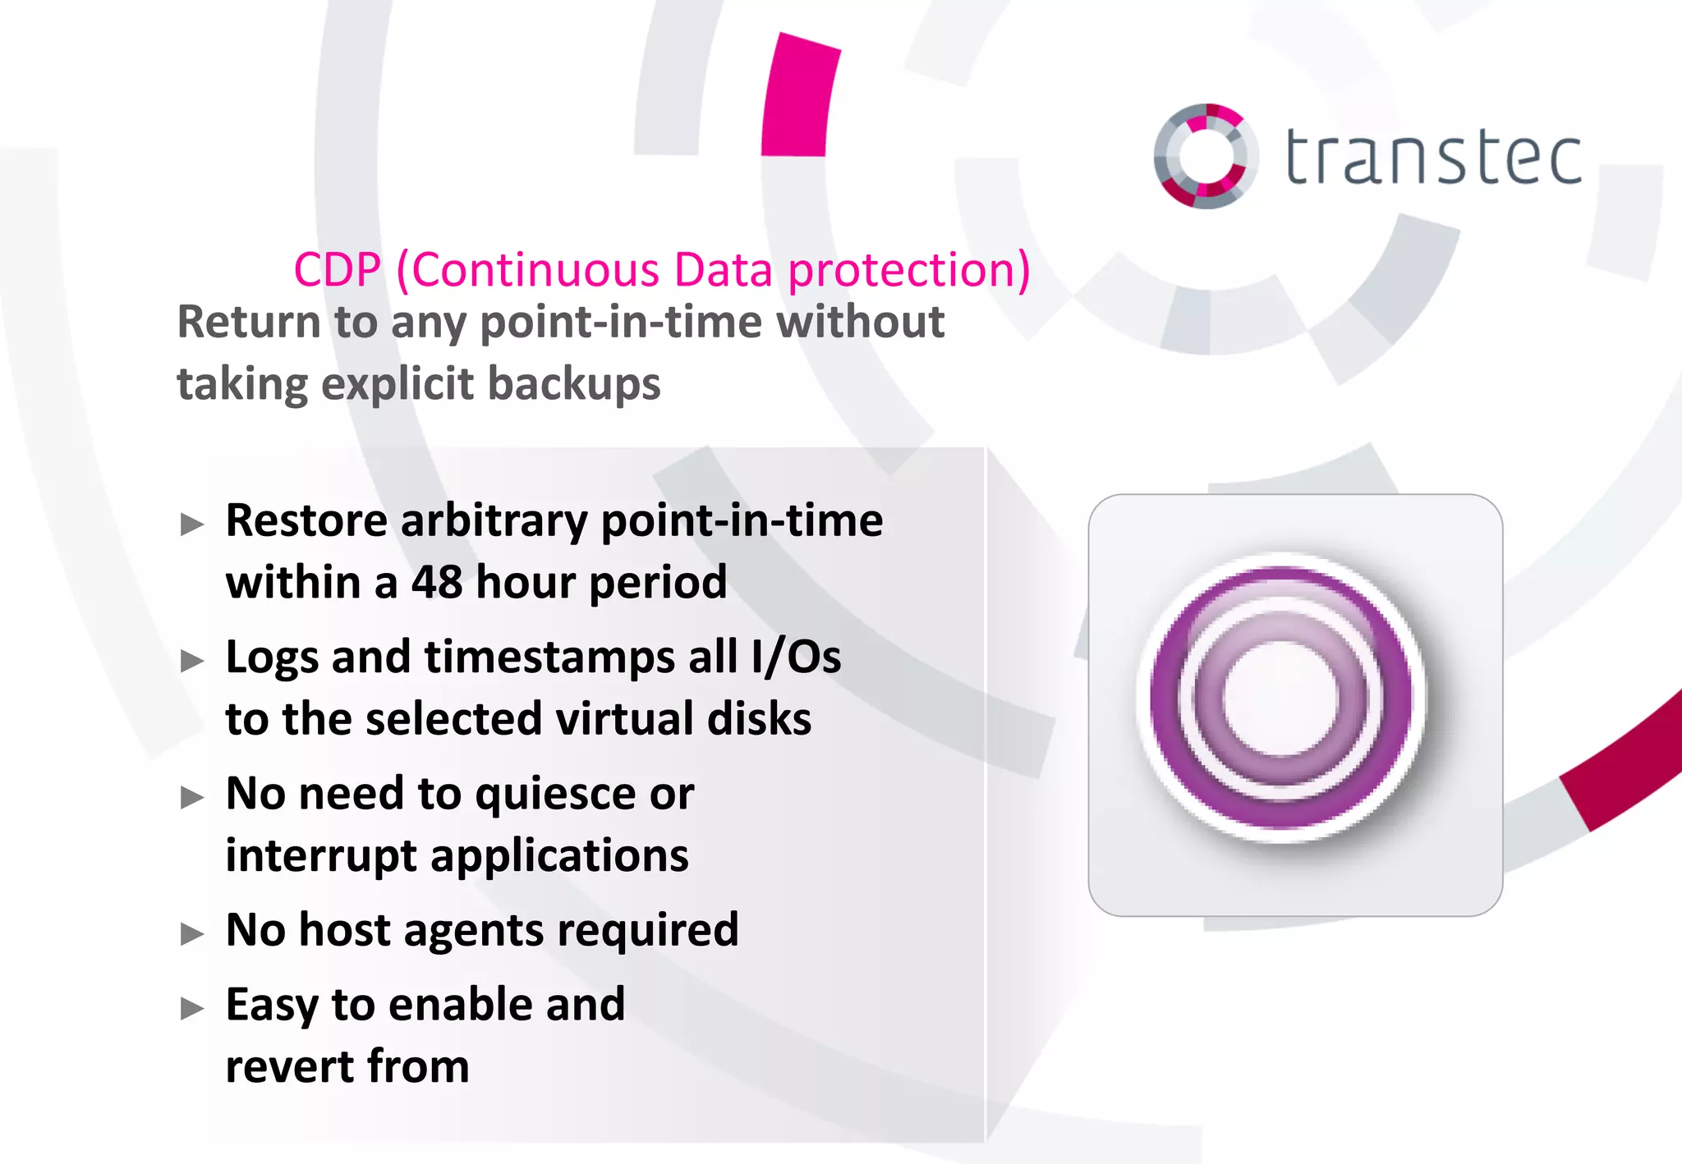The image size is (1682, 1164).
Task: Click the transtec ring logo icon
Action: [1206, 156]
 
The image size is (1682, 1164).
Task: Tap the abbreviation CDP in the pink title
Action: [338, 270]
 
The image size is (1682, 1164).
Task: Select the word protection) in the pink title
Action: [909, 270]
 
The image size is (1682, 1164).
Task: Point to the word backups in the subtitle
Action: [574, 384]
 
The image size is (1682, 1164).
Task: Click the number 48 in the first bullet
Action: [437, 582]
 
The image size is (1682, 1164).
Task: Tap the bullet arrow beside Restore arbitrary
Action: [192, 524]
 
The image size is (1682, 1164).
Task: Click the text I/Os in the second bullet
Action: [796, 658]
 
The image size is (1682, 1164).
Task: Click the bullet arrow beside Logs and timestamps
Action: [192, 660]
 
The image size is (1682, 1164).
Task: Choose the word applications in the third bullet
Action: [559, 856]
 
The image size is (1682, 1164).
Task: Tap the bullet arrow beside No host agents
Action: [192, 933]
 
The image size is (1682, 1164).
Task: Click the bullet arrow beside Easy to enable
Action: [192, 1008]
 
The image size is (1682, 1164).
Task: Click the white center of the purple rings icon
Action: [1280, 698]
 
